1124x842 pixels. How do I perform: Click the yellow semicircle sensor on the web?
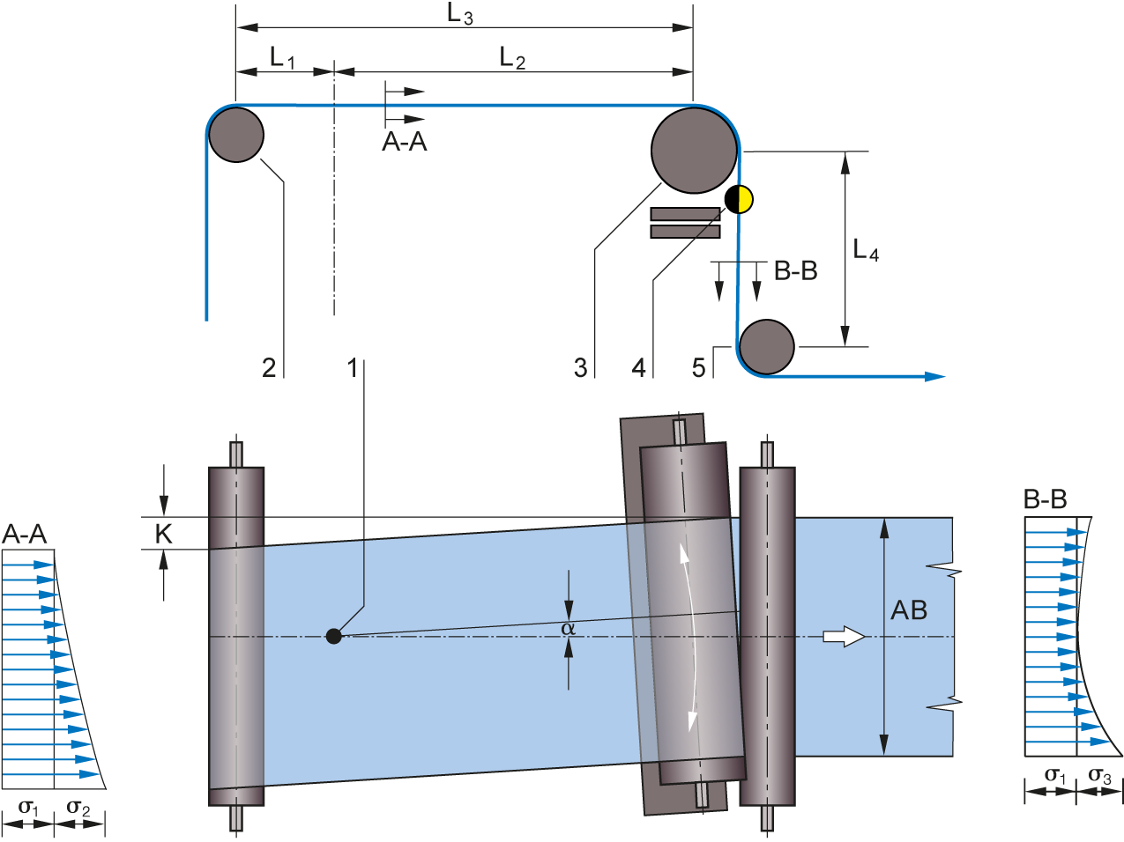click(x=745, y=199)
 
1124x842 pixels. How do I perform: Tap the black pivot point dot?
click(x=333, y=636)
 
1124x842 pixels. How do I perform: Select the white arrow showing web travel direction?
click(x=844, y=636)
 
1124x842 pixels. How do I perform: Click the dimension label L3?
click(x=460, y=14)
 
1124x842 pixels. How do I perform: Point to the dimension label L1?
click(x=282, y=59)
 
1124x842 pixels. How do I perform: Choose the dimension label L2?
click(x=512, y=59)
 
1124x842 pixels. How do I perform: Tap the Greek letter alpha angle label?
click(x=568, y=628)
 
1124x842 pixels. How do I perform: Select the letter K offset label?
click(x=164, y=533)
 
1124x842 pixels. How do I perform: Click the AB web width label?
click(x=909, y=610)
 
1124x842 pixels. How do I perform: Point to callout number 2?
click(x=269, y=367)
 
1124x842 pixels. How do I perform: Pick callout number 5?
click(x=699, y=367)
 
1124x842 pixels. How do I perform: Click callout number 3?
click(x=580, y=367)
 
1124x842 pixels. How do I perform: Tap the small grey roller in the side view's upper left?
click(x=235, y=134)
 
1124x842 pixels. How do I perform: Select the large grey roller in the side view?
click(x=695, y=150)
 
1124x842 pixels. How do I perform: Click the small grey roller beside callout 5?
click(x=766, y=346)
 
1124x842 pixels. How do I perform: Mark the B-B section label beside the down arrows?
click(x=795, y=270)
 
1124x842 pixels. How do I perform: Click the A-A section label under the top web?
click(x=405, y=142)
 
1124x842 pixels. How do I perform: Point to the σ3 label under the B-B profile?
click(x=1099, y=776)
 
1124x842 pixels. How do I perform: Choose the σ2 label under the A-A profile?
click(x=78, y=808)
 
